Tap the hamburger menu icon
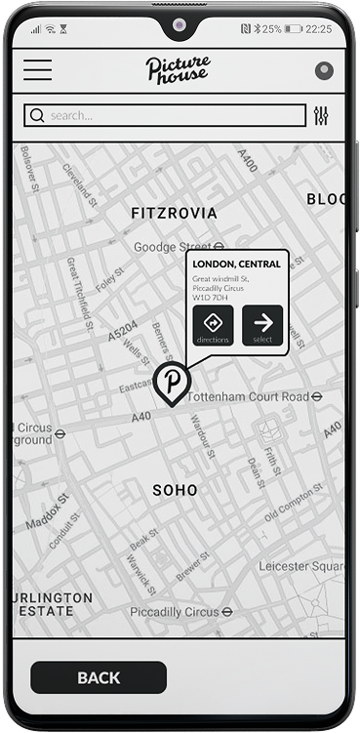click(38, 70)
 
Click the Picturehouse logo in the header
click(178, 69)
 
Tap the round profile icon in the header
click(325, 71)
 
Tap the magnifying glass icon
click(38, 115)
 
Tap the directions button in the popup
click(213, 325)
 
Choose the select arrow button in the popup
click(262, 325)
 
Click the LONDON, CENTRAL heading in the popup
click(236, 264)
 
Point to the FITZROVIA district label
click(174, 213)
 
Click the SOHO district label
click(176, 490)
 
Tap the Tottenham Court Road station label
click(254, 397)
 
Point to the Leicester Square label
click(301, 566)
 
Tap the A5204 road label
click(122, 330)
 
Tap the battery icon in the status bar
click(293, 28)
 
